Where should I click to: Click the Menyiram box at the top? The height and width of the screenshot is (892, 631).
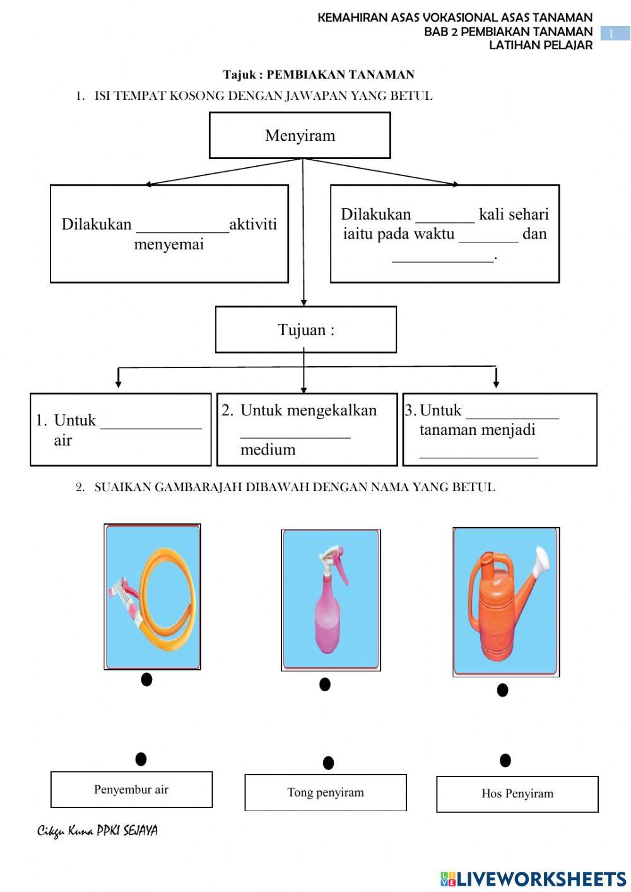click(x=300, y=135)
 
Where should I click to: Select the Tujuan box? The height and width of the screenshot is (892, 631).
click(x=306, y=330)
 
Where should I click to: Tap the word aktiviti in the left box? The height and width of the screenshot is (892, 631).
click(x=253, y=224)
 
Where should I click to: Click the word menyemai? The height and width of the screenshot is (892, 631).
click(x=169, y=244)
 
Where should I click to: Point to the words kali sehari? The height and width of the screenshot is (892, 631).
click(x=514, y=215)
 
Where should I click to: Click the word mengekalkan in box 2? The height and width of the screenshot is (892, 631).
click(x=309, y=410)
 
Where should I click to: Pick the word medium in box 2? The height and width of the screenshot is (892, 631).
click(x=268, y=449)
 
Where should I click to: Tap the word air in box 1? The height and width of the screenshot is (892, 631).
click(x=62, y=440)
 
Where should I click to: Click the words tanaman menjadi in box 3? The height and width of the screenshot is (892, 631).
click(x=477, y=430)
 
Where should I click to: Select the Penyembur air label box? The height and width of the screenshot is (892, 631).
click(x=131, y=789)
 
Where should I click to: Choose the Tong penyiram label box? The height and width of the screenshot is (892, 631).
click(x=326, y=792)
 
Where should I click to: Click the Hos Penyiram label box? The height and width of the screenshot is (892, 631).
click(x=517, y=794)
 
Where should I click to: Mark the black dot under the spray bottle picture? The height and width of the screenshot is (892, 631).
click(x=325, y=684)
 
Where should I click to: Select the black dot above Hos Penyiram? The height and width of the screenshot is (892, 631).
click(x=505, y=760)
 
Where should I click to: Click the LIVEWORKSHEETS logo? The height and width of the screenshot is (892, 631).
click(x=533, y=878)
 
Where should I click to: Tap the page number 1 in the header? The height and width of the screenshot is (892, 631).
click(x=611, y=33)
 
